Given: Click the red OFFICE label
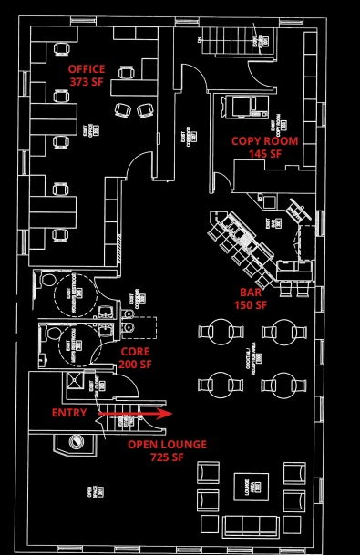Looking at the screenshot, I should coord(87,69).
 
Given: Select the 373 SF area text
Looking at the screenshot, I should coord(87,81).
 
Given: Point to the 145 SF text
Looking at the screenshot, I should coord(265,154).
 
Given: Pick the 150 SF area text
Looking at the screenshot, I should coord(250,305).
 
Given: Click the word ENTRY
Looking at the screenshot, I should coord(69,413).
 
